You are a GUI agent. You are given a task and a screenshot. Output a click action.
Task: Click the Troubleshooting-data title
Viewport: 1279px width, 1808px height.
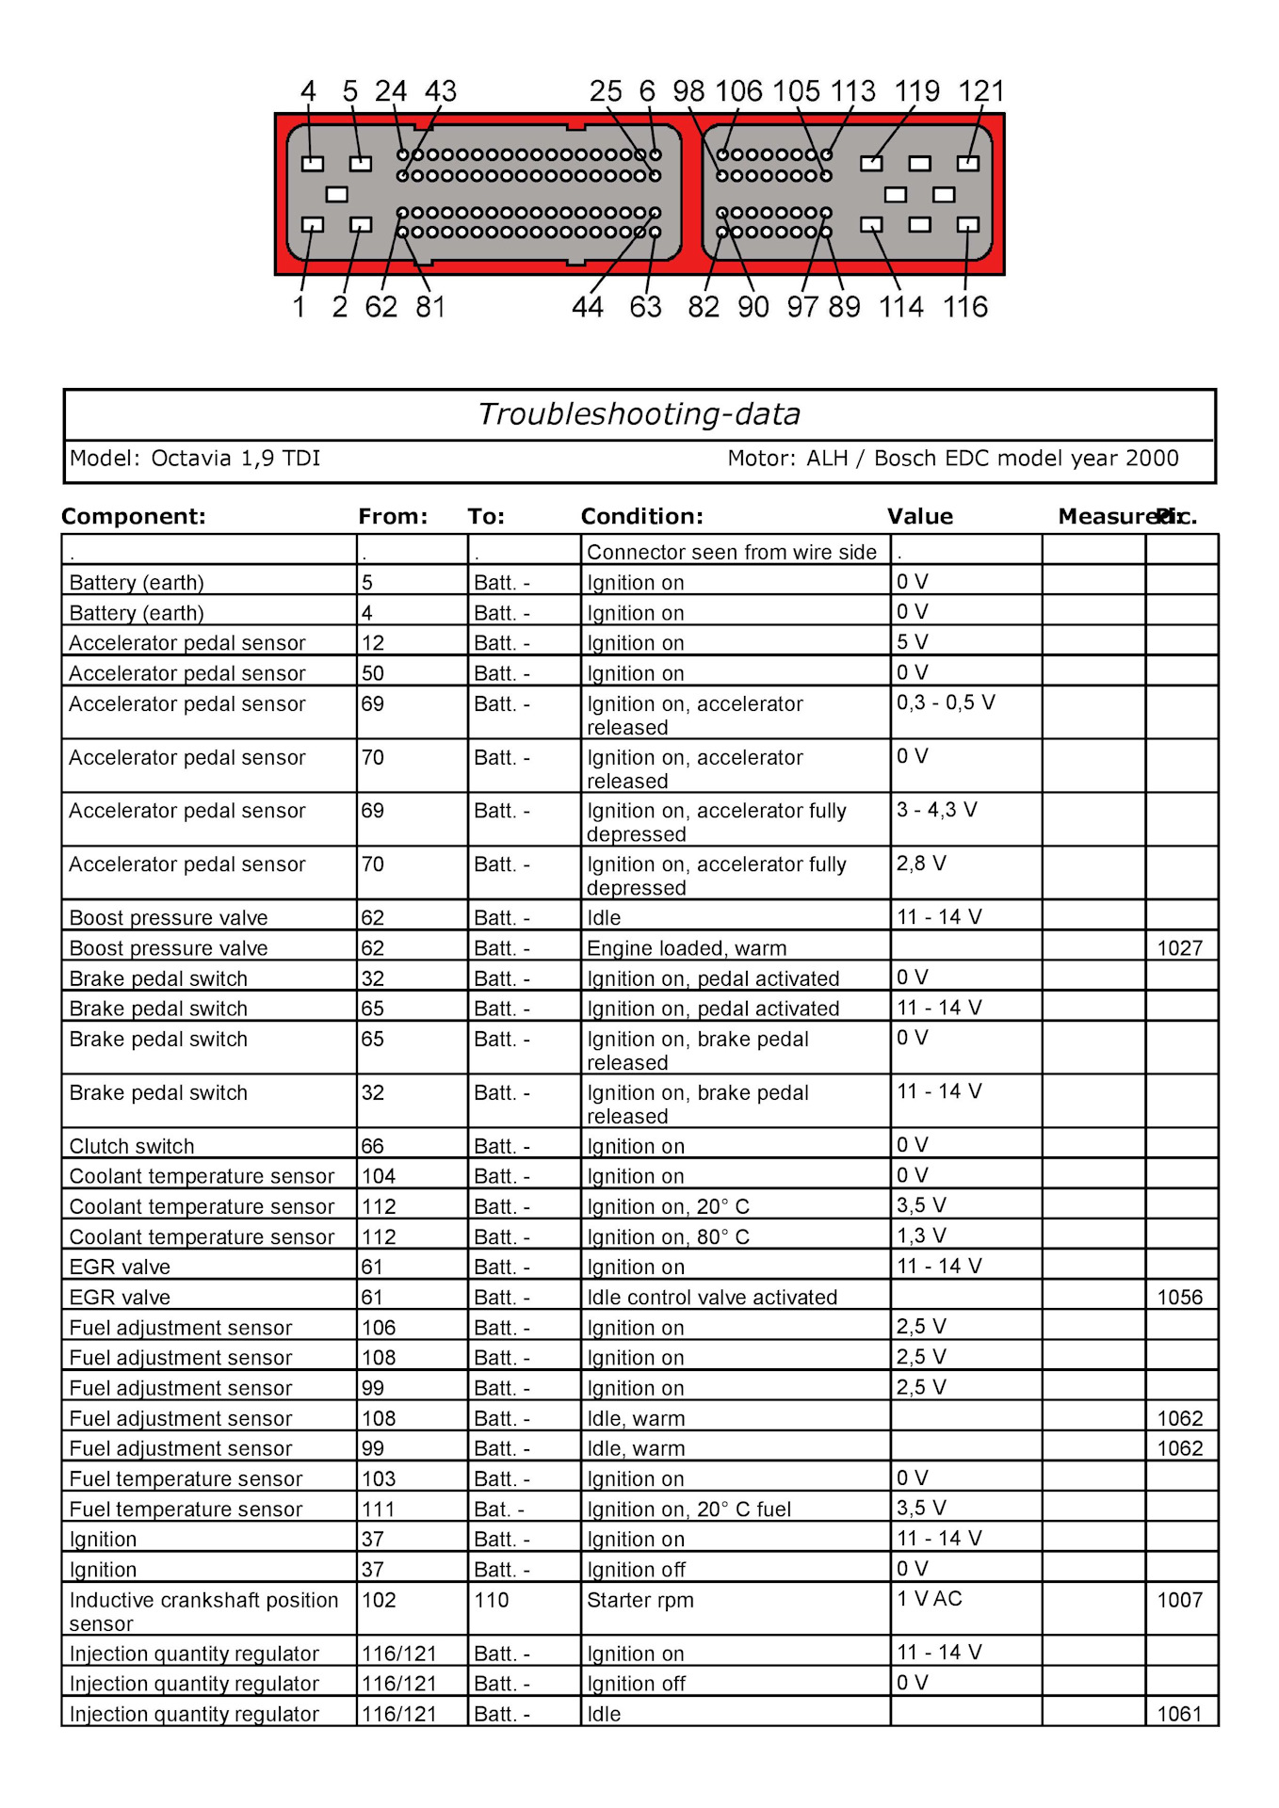(639, 414)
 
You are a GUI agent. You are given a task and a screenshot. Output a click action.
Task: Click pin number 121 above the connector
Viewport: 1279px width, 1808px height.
(980, 91)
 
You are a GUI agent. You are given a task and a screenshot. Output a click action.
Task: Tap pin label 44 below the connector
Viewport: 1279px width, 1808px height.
(587, 307)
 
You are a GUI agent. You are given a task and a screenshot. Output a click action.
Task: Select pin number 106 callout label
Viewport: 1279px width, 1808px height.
(738, 91)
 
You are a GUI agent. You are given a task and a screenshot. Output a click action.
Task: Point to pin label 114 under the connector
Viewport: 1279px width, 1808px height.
(900, 307)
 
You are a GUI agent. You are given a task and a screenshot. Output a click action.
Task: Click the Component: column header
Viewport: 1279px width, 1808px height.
(133, 516)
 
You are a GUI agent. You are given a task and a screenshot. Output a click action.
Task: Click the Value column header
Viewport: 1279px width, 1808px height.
(919, 516)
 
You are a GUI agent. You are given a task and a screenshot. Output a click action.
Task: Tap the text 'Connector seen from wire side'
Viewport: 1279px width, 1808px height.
(731, 552)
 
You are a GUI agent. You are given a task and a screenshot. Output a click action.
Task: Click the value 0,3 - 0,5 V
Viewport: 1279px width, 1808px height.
(945, 702)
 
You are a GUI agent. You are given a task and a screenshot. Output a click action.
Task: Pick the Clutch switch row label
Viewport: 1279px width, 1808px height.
(132, 1146)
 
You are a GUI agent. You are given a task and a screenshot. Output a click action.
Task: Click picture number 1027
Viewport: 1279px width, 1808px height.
(1179, 948)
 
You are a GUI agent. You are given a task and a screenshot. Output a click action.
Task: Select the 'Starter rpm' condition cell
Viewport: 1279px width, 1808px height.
(639, 1600)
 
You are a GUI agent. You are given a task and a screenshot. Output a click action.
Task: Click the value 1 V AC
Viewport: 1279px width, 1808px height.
(929, 1598)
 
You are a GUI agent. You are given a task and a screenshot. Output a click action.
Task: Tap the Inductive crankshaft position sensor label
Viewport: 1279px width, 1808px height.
(202, 1610)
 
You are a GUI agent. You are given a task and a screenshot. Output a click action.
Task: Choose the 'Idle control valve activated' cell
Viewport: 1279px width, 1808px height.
(711, 1297)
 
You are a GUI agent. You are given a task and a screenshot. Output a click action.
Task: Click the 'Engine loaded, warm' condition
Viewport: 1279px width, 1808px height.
(686, 948)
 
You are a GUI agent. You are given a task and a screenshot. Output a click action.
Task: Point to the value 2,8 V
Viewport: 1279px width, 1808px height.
(920, 863)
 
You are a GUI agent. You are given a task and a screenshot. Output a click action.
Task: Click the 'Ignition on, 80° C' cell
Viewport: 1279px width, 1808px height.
(668, 1236)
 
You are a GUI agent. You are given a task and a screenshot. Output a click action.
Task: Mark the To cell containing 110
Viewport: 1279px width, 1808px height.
(491, 1600)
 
